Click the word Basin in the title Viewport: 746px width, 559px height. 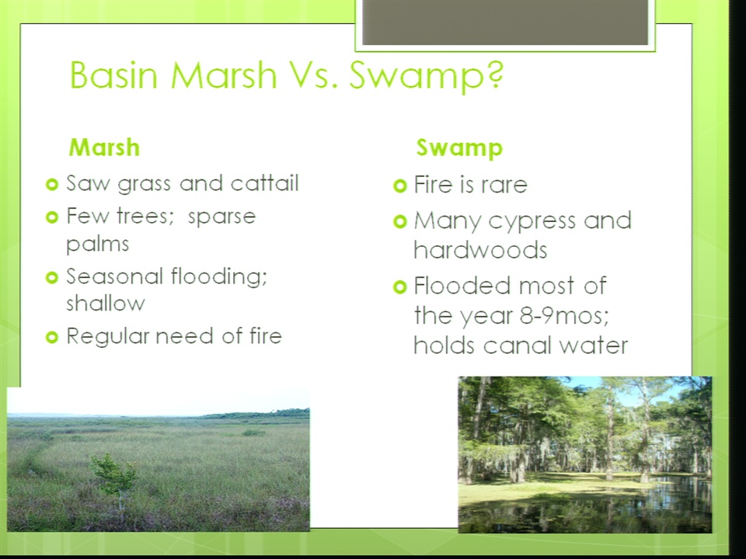(113, 75)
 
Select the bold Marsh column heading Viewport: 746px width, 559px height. (104, 147)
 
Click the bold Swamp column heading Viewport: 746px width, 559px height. (459, 148)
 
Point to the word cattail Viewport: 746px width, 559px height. (264, 183)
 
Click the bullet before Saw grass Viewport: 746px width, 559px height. (52, 184)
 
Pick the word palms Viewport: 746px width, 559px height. (98, 245)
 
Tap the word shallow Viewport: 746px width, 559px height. (106, 303)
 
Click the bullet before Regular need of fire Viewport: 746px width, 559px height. (52, 337)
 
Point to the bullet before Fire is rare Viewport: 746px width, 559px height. (401, 186)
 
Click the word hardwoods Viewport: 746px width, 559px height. (480, 249)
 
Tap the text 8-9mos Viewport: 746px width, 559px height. (564, 315)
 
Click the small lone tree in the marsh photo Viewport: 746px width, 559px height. (114, 477)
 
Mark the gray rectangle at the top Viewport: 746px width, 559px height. (505, 23)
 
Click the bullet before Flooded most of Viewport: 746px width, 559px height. (401, 286)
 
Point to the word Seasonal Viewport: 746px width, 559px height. (115, 276)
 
